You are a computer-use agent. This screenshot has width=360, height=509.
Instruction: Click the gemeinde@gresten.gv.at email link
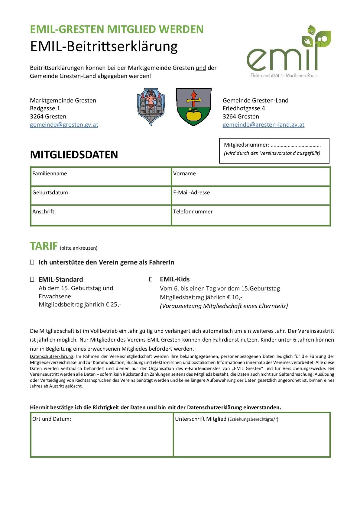click(64, 125)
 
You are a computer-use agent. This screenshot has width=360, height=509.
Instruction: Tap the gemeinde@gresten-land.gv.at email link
click(263, 125)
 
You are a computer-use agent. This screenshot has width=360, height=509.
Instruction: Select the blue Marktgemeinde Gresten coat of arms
click(151, 106)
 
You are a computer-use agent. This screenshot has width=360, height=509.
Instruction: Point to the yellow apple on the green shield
click(193, 115)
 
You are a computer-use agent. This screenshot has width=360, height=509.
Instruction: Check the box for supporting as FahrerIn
click(32, 262)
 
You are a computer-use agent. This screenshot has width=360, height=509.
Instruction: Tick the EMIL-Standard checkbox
click(32, 279)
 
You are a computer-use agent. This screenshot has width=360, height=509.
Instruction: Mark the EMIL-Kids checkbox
click(151, 279)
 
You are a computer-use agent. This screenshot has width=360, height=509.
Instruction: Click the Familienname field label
click(50, 173)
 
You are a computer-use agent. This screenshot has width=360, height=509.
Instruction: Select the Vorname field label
click(184, 173)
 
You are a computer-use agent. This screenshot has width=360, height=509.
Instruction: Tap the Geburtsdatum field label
click(50, 193)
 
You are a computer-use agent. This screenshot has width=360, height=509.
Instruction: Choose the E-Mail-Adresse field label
click(191, 193)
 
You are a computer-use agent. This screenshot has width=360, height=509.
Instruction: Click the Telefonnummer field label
click(193, 212)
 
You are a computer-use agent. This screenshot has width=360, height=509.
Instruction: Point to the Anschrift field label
click(43, 212)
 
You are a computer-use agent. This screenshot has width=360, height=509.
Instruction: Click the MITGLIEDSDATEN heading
click(74, 155)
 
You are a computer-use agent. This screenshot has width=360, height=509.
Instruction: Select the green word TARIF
click(44, 246)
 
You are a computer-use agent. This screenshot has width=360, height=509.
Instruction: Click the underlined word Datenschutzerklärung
click(51, 356)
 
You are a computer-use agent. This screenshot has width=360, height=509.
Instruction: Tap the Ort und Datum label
click(52, 419)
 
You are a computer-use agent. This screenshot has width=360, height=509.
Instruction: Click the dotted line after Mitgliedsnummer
click(296, 145)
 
